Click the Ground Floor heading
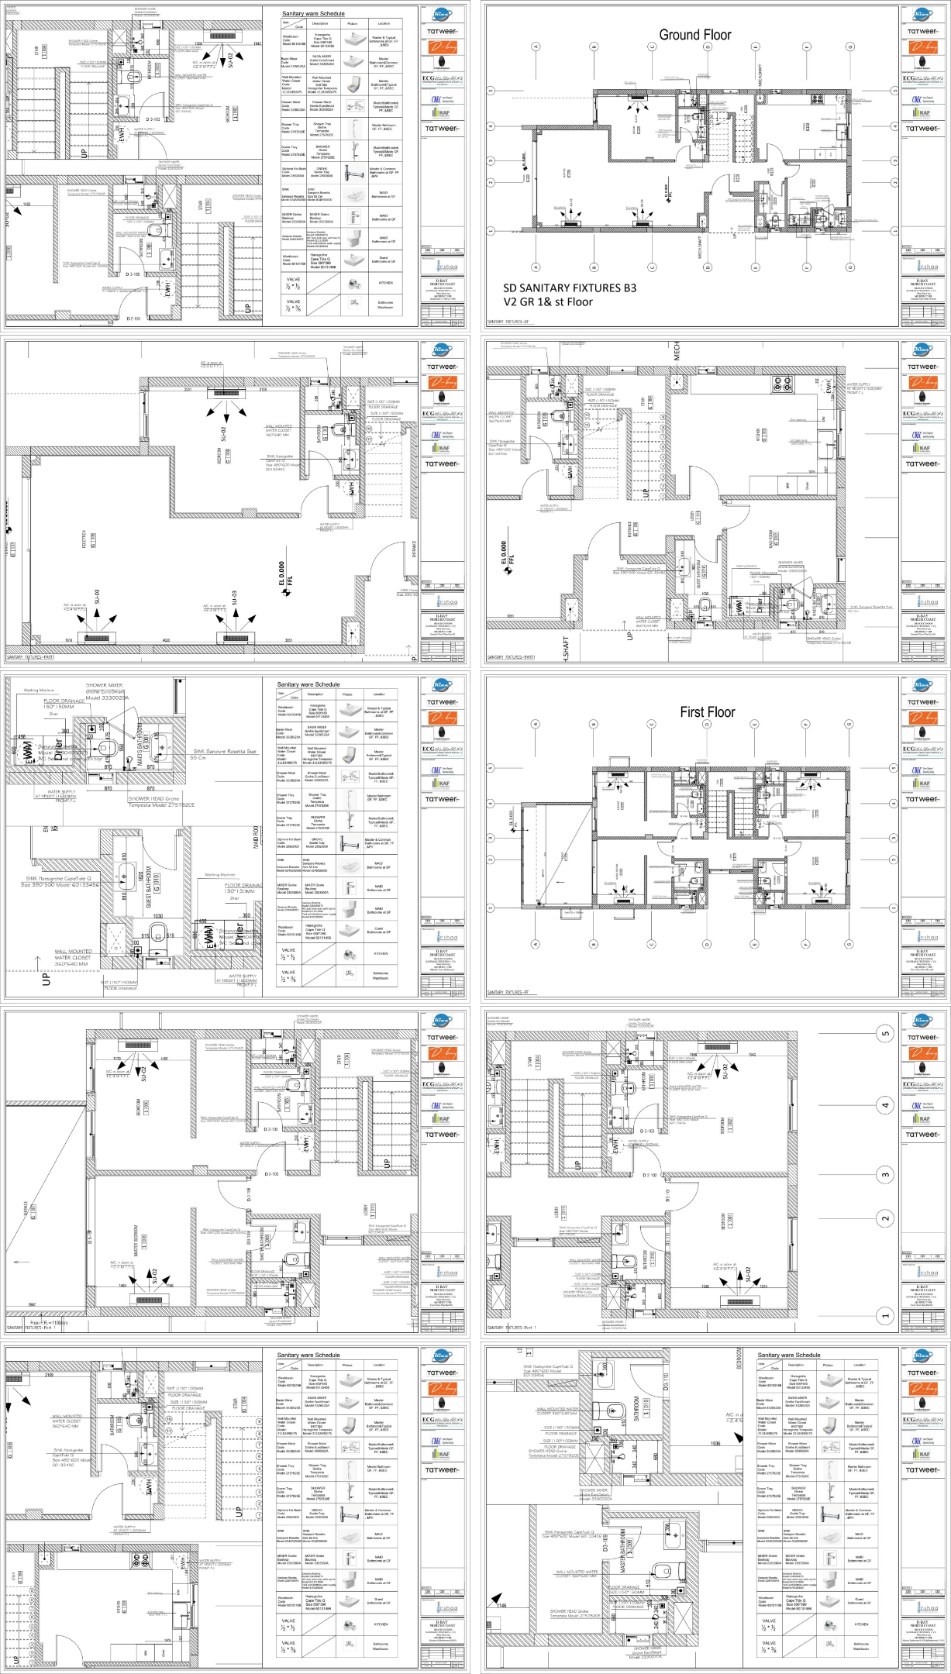(694, 35)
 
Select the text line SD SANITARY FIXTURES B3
(570, 288)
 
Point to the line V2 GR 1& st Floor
(548, 301)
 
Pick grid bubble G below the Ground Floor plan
(849, 267)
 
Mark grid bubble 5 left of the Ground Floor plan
(491, 91)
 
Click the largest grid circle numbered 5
(886, 1033)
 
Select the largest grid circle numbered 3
(886, 1175)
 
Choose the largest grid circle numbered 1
(886, 1315)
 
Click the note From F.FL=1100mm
(50, 1323)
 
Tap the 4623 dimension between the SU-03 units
(167, 640)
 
